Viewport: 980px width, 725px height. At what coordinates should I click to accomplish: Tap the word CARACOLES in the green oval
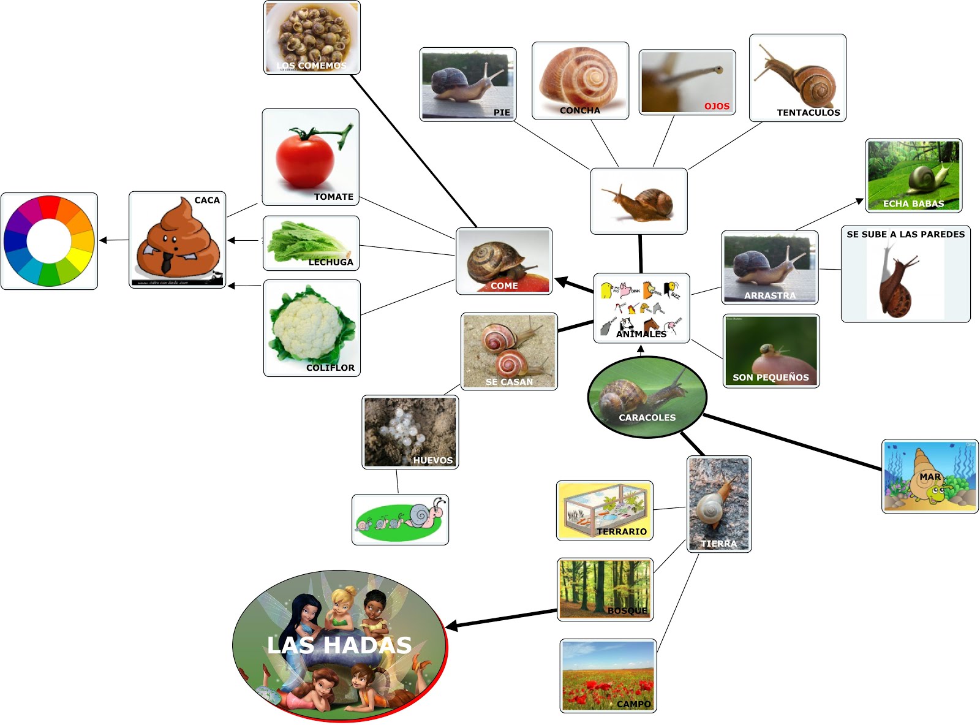[647, 417]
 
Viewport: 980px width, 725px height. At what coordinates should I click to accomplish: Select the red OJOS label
[717, 106]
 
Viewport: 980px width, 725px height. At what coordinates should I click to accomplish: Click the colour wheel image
[49, 241]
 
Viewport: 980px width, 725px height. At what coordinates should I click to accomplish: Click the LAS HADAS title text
[339, 645]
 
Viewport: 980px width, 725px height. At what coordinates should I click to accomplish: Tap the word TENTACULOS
[808, 113]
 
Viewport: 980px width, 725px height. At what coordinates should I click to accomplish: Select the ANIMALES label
[641, 334]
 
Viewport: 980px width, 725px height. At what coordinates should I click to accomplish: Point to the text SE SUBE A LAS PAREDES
[905, 234]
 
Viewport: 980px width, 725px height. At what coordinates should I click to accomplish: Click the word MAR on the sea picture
[929, 476]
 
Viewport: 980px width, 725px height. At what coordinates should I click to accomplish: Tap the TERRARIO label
[622, 531]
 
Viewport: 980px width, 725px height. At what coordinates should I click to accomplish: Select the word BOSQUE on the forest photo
[627, 610]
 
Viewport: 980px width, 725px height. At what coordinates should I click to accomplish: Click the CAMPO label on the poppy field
[633, 704]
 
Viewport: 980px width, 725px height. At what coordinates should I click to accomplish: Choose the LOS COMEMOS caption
[311, 66]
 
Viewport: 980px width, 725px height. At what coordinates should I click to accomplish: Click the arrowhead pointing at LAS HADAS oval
[451, 626]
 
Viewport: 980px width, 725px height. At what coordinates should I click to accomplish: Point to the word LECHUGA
[331, 262]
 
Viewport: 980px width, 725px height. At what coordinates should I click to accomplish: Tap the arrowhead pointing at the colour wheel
[103, 240]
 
